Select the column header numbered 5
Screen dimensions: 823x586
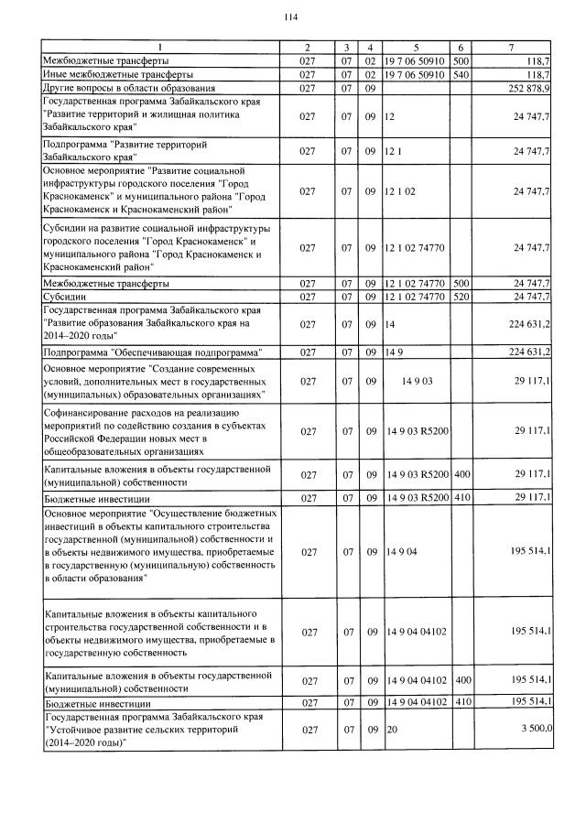point(415,47)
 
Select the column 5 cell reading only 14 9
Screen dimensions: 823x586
point(395,352)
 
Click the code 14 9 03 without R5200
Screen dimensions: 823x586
point(415,381)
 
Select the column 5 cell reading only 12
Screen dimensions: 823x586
point(390,117)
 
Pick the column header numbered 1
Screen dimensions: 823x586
point(160,47)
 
